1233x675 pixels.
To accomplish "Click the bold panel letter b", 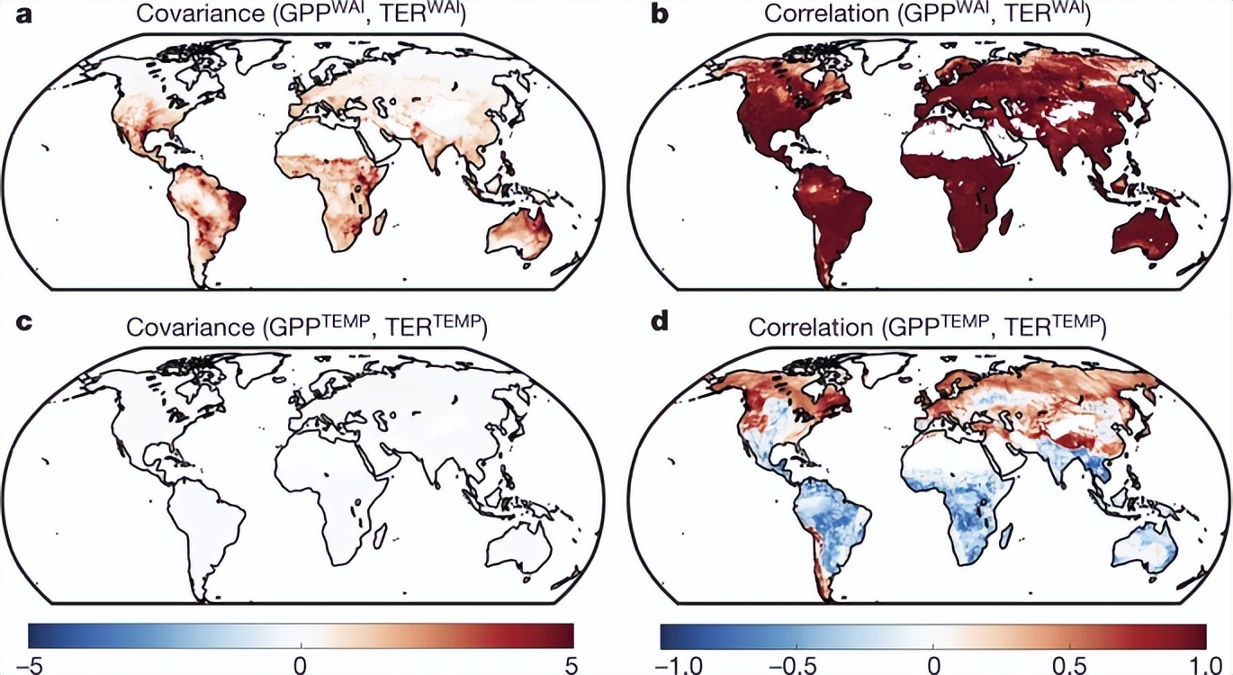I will pos(660,14).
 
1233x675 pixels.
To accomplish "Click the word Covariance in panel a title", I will pos(188,14).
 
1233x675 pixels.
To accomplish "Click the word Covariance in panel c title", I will pos(188,327).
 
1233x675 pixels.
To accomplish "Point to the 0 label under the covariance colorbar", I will pos(301,664).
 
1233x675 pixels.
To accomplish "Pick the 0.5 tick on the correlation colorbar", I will pos(1068,664).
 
